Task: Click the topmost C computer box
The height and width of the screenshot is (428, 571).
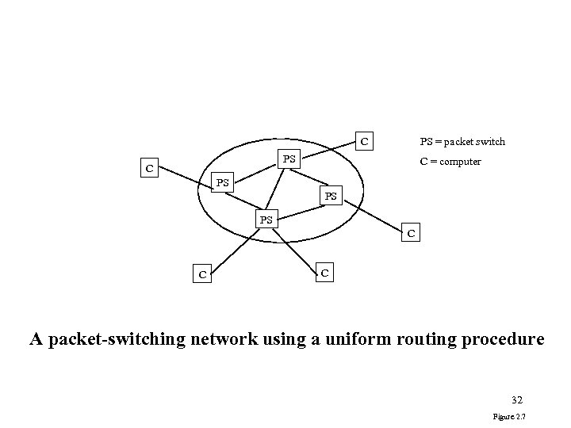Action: click(364, 142)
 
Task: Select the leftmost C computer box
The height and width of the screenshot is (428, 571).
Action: click(147, 168)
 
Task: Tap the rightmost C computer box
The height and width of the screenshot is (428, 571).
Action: click(411, 233)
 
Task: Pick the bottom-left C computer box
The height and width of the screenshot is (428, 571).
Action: click(202, 274)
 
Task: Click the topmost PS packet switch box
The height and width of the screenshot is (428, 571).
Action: click(289, 159)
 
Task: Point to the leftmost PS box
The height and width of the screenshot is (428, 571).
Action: click(223, 183)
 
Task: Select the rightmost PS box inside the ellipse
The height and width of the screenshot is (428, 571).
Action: click(331, 195)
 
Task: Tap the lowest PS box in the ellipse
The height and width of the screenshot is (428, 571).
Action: click(266, 219)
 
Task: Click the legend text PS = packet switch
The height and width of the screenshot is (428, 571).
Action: click(462, 142)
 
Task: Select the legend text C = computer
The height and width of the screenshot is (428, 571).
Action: click(450, 162)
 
